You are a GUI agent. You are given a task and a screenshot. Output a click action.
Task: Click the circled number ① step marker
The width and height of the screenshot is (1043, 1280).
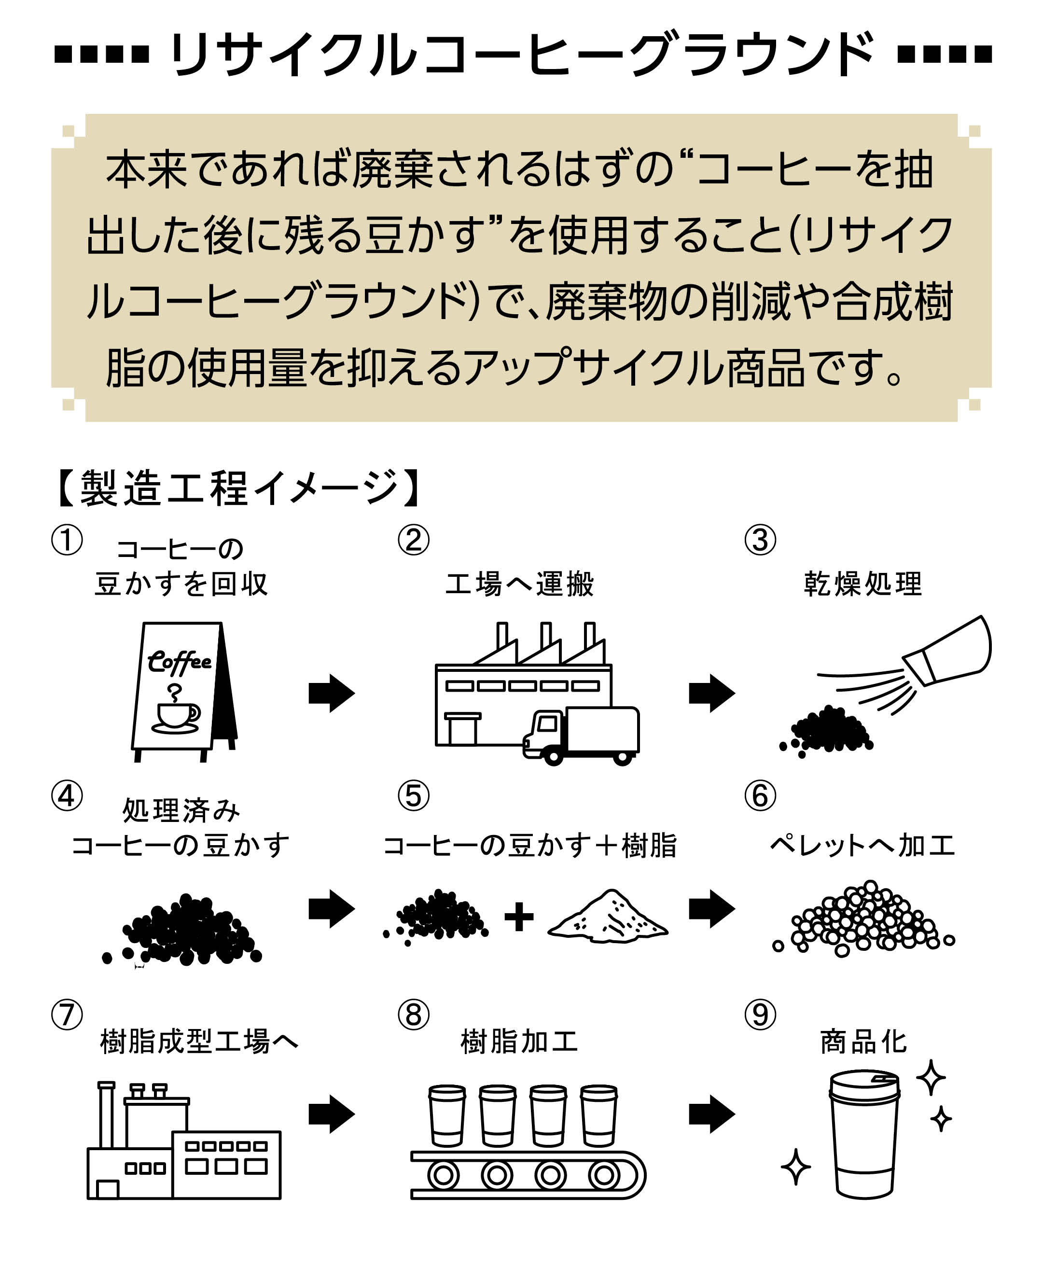pos(67,540)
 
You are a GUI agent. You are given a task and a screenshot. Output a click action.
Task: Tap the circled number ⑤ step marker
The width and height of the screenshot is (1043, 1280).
pos(413,795)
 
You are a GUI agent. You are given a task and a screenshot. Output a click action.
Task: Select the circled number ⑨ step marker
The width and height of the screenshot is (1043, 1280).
pos(760,1015)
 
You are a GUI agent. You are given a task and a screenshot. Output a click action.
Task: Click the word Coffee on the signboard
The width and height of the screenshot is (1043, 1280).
pos(179,661)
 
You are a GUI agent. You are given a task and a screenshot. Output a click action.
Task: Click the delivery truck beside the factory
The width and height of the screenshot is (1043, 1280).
pos(581,735)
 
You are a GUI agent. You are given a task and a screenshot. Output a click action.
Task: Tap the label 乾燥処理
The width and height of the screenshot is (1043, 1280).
pos(863,584)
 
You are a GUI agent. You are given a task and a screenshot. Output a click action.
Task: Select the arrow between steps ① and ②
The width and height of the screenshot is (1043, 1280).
pos(332,693)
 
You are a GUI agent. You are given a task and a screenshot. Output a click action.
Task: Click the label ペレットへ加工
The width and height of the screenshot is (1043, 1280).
pos(863,845)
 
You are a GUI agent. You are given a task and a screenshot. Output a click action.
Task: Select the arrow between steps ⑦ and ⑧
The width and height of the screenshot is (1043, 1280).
pos(332,1114)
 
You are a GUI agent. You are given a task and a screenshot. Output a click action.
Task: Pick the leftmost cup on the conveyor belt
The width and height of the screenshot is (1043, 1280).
pos(446,1115)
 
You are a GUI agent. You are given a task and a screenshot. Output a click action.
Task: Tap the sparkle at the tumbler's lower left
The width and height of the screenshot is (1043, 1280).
pos(795,1167)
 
